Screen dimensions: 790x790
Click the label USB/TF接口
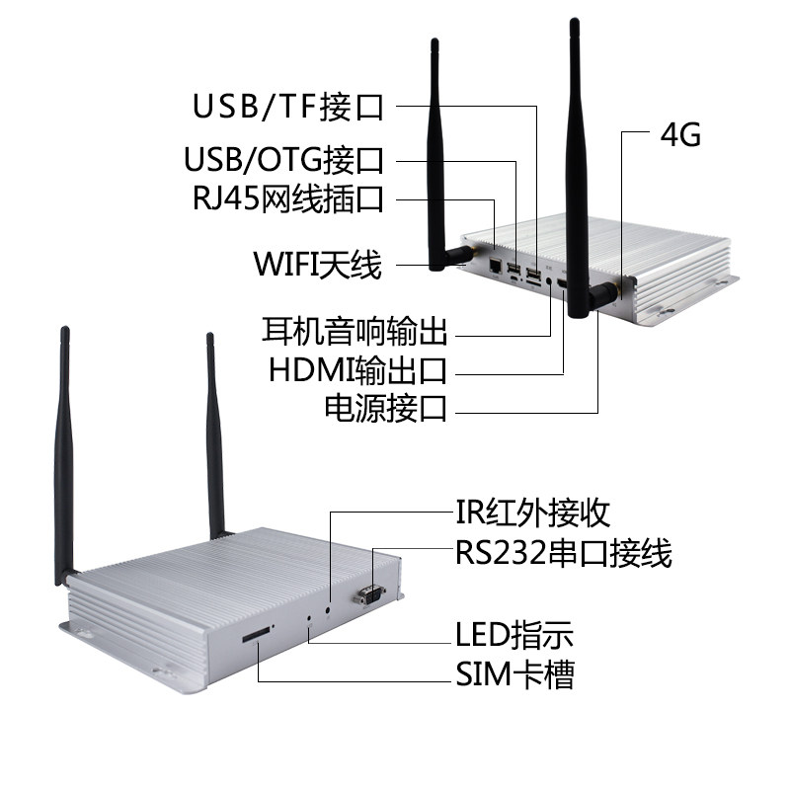(288, 107)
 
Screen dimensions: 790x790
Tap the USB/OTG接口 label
(283, 160)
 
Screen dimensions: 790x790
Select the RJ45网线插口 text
(288, 198)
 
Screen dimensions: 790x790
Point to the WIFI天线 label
(317, 264)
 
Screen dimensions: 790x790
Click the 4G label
(680, 135)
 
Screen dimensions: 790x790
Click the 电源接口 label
(386, 408)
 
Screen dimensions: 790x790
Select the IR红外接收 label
(532, 513)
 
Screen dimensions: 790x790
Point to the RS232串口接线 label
(564, 553)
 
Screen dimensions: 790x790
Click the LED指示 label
(514, 634)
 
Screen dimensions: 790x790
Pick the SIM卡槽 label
(514, 674)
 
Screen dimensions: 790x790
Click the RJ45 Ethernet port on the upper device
(496, 264)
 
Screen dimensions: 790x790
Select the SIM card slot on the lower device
(256, 636)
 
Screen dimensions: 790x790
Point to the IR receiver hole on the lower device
(329, 608)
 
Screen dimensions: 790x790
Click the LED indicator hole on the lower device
(309, 617)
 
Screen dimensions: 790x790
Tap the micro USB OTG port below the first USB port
(513, 278)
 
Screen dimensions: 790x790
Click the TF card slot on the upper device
(533, 284)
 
